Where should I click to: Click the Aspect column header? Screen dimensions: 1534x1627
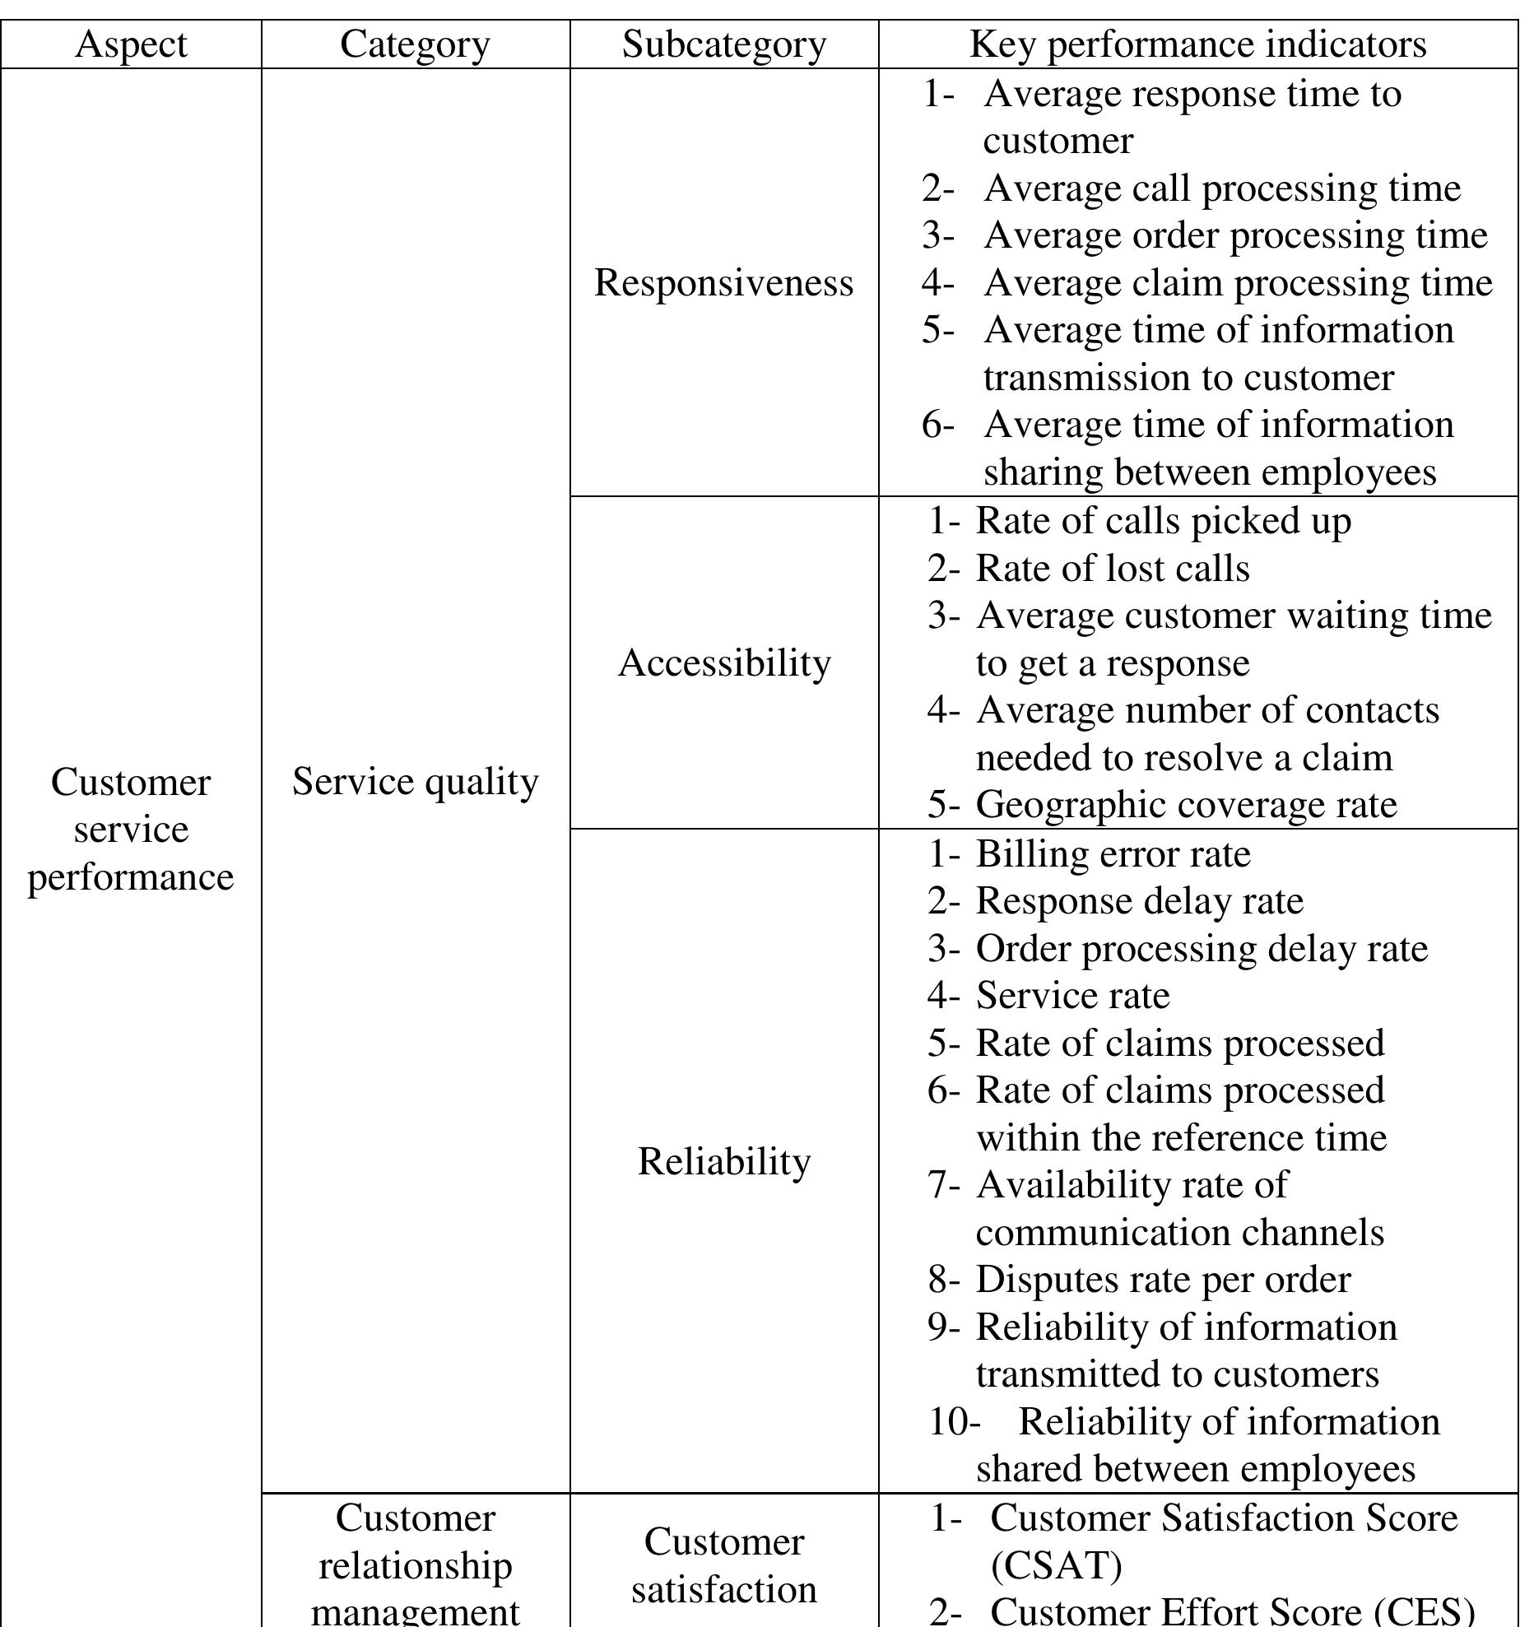(131, 44)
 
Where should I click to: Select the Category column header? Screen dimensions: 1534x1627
(415, 44)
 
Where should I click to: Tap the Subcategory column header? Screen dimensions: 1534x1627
(723, 44)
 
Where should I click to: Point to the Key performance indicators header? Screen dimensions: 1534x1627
(1197, 44)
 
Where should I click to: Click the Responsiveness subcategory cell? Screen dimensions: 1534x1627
(723, 283)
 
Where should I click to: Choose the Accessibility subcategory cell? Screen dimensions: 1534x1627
(724, 662)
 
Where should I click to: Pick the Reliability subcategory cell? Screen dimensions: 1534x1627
(724, 1161)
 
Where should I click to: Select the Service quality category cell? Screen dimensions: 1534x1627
(415, 781)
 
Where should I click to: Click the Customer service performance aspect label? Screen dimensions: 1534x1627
(131, 829)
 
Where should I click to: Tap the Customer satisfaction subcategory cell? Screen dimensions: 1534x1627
(724, 1564)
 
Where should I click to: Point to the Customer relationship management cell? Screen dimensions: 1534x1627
(415, 1564)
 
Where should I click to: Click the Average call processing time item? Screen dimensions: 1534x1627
(1221, 188)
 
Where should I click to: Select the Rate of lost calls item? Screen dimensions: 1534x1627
(1112, 569)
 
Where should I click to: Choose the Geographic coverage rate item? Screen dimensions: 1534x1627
(1186, 805)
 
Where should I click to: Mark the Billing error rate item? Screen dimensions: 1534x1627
(1113, 853)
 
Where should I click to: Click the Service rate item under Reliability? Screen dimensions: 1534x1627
(1072, 996)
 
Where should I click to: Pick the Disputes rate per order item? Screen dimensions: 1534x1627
(1163, 1280)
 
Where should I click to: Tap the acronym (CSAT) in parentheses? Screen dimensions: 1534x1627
(1056, 1565)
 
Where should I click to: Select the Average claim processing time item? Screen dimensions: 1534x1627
(1238, 283)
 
